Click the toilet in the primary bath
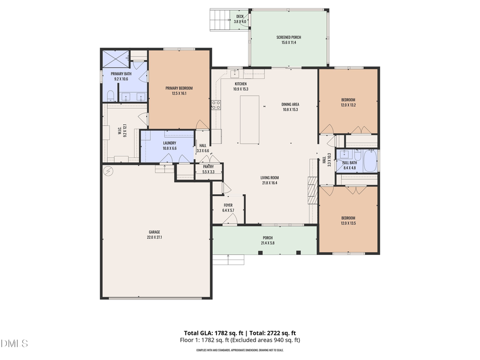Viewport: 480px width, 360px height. [110, 95]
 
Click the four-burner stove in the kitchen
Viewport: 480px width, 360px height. [215, 105]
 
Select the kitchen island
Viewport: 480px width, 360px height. [250, 119]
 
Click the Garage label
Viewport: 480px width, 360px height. [154, 232]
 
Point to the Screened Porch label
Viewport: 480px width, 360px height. [289, 37]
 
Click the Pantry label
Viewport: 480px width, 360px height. [208, 167]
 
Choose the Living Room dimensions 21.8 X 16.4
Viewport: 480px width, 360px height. [269, 183]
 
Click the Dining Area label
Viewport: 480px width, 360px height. [290, 105]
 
